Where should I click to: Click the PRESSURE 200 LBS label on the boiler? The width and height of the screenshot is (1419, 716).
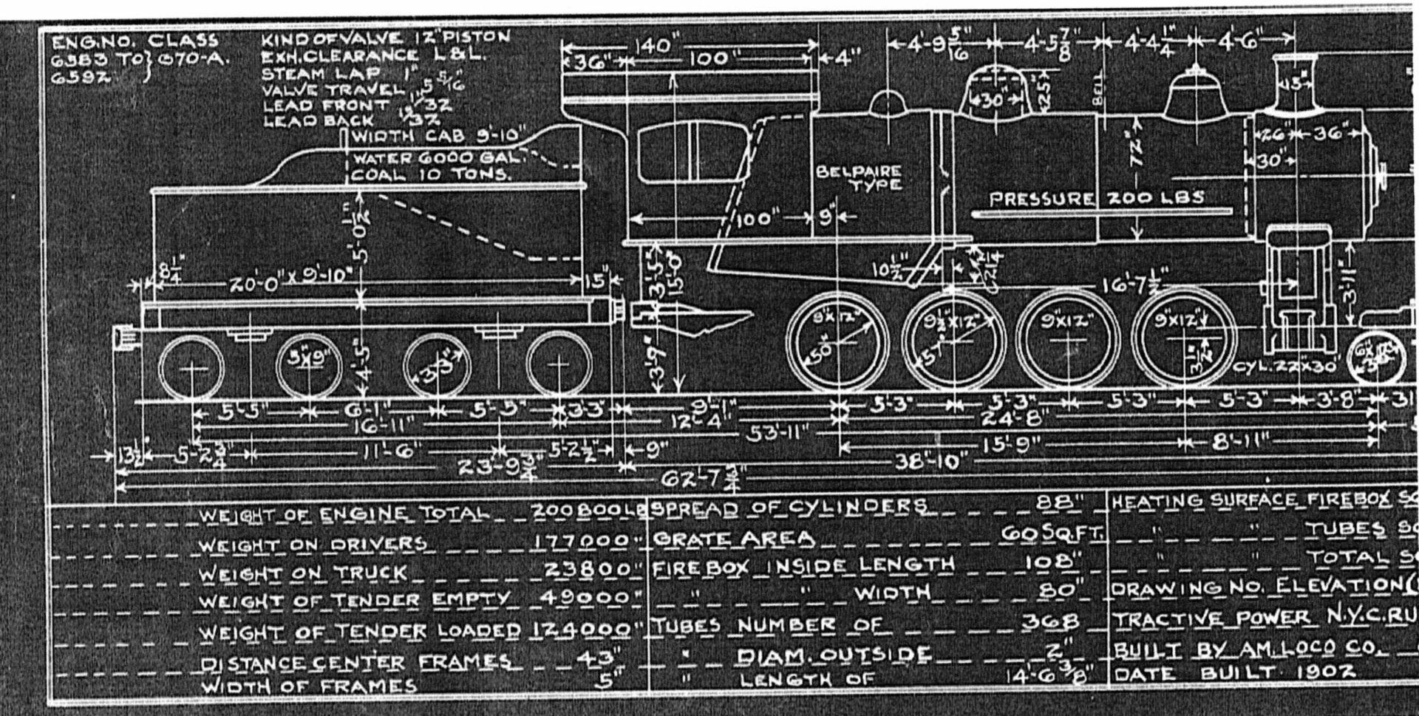(1096, 198)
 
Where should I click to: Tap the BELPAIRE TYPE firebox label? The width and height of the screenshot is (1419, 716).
(859, 177)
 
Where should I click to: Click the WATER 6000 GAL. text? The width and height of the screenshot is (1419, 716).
(436, 158)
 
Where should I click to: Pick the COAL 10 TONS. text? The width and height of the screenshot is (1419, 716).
(430, 175)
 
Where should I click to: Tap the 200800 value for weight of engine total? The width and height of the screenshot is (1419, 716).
(579, 511)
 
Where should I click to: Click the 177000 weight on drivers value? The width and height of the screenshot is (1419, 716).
(581, 541)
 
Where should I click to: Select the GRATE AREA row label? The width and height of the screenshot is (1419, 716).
(733, 539)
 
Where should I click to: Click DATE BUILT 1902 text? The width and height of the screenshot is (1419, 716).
(1234, 673)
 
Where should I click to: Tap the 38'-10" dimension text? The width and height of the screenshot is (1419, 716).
(930, 463)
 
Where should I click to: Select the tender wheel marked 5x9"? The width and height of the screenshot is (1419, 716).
(308, 365)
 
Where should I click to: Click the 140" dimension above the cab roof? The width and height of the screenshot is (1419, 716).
(655, 46)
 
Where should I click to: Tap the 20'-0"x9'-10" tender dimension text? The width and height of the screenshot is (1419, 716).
(288, 283)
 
